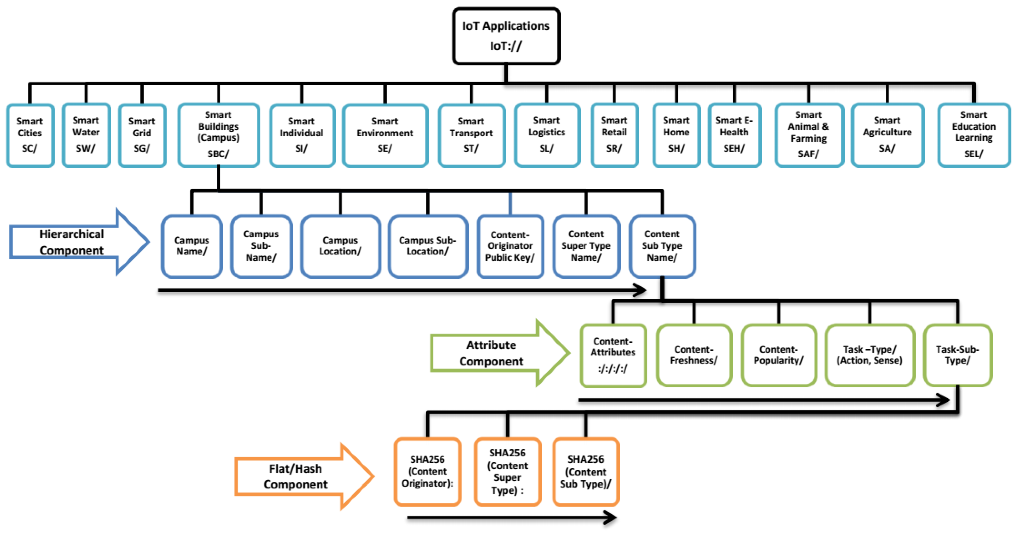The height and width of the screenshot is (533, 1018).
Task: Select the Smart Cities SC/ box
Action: [x=30, y=135]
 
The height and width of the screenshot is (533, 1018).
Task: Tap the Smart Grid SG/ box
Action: [x=142, y=135]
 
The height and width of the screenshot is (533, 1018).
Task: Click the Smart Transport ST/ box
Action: [x=471, y=135]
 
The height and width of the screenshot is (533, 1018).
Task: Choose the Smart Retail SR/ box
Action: [x=614, y=135]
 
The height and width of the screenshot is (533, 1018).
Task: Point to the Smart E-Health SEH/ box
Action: [x=734, y=135]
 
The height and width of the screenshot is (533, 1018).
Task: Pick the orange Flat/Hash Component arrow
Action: [x=300, y=476]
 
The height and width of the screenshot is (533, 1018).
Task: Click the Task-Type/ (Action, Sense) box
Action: [x=869, y=355]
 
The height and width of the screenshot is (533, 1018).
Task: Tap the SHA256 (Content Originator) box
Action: [x=428, y=471]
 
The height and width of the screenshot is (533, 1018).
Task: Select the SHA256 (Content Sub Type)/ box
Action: [x=586, y=471]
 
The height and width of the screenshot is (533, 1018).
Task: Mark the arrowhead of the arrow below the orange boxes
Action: [x=611, y=518]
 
